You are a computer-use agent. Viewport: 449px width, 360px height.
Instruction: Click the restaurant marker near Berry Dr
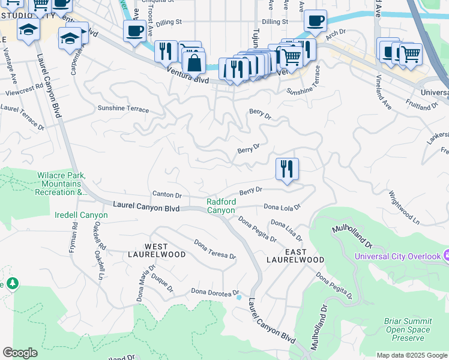[x=287, y=169]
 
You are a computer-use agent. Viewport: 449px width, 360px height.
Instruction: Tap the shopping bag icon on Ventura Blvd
[x=194, y=62]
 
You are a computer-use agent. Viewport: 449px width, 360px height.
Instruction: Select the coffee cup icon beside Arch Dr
[x=315, y=22]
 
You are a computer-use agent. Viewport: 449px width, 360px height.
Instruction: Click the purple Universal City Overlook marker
[x=445, y=256]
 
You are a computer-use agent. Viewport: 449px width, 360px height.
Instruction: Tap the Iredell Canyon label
[x=81, y=215]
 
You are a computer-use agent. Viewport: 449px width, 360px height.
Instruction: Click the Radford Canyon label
[x=221, y=206]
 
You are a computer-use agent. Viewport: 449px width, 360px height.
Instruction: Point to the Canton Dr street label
[x=167, y=195]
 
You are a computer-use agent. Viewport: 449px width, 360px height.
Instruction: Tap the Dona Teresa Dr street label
[x=214, y=249]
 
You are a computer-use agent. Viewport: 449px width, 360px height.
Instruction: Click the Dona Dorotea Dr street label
[x=215, y=292]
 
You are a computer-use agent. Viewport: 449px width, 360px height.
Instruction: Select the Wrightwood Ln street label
[x=403, y=208]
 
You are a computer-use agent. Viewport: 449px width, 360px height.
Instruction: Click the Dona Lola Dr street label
[x=282, y=207]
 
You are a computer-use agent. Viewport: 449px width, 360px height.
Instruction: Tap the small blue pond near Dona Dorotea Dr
[x=239, y=297]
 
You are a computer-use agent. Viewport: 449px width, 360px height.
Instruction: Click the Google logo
[x=20, y=353]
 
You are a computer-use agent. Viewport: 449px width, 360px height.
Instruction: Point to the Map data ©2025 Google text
[x=411, y=355]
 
